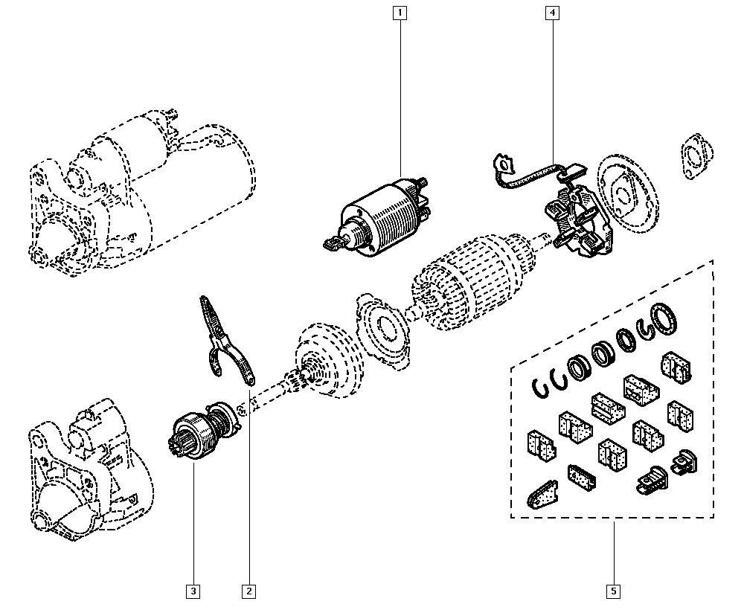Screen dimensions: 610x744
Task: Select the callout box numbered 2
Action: [248, 591]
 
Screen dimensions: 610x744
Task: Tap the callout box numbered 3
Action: [193, 591]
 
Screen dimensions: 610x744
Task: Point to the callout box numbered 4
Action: [551, 12]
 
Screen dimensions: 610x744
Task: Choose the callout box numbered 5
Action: [614, 591]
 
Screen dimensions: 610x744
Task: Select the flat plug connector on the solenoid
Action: [334, 241]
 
